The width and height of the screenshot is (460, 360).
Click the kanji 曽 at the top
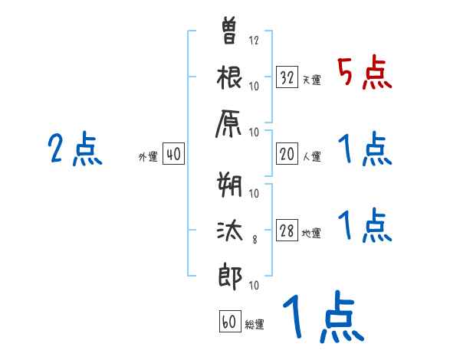point(230,32)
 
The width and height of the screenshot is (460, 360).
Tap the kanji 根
point(230,80)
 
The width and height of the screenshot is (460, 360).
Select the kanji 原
point(230,128)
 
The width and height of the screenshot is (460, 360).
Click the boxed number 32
point(287,77)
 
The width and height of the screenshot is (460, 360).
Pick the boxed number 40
point(173,155)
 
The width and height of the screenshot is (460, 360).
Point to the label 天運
point(311,80)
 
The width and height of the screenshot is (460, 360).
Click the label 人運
point(311,157)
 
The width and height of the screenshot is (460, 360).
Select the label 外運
point(148,157)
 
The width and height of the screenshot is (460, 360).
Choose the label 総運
point(255,324)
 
